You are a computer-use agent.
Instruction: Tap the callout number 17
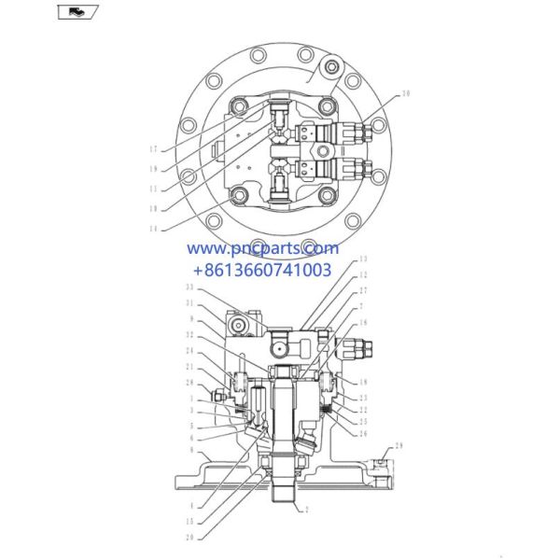click(x=151, y=147)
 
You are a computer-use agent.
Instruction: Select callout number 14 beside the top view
click(x=151, y=227)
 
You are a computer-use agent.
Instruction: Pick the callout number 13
click(x=363, y=259)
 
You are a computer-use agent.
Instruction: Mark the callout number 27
click(x=363, y=290)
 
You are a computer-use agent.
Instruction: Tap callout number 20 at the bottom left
click(x=190, y=536)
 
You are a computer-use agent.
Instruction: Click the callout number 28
click(x=190, y=384)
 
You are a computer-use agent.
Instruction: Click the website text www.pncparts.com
click(x=262, y=249)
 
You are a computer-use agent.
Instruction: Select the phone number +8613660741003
click(x=259, y=271)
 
